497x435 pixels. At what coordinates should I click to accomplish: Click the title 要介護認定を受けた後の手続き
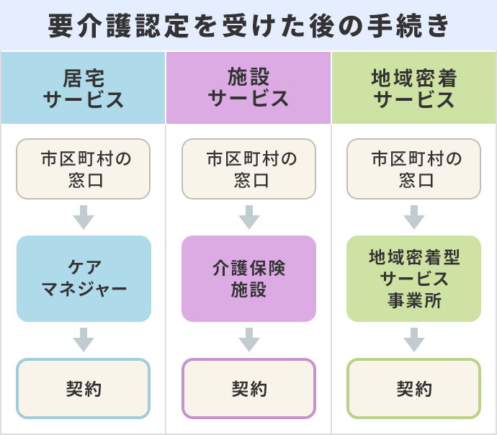coord(248,26)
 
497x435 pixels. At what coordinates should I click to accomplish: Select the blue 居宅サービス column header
coord(84,88)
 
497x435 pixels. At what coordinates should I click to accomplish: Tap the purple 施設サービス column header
coord(248,88)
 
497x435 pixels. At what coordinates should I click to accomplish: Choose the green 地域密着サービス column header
coord(414,88)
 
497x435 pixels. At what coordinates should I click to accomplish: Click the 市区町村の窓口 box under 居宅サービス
coord(84,169)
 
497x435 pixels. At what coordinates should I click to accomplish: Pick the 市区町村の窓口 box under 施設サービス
coord(248,169)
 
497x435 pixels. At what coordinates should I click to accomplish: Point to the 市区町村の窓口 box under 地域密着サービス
coord(413,169)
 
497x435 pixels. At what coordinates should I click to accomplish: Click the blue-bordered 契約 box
coord(84,389)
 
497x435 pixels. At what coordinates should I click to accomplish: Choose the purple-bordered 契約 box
coord(248,389)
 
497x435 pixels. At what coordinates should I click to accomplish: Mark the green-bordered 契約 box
coord(413,389)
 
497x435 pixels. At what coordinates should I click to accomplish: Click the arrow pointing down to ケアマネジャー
coord(84,217)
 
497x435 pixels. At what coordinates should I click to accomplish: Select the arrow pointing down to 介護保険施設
coord(248,217)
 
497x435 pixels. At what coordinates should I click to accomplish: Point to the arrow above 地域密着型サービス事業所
coord(413,217)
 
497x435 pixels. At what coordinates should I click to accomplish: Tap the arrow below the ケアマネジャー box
coord(84,339)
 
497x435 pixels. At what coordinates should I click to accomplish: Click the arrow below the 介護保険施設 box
coord(248,339)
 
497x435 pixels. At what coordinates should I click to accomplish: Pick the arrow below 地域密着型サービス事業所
coord(413,339)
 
